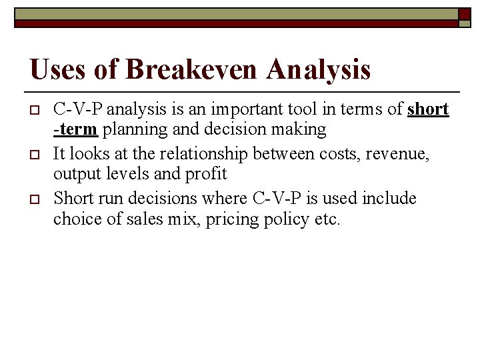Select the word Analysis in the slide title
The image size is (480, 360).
pyautogui.click(x=319, y=69)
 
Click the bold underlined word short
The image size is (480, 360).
pyautogui.click(x=427, y=109)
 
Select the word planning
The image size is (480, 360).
pyautogui.click(x=137, y=129)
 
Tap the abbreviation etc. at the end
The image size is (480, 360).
pyautogui.click(x=327, y=219)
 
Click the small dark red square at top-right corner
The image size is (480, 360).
pyautogui.click(x=465, y=14)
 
